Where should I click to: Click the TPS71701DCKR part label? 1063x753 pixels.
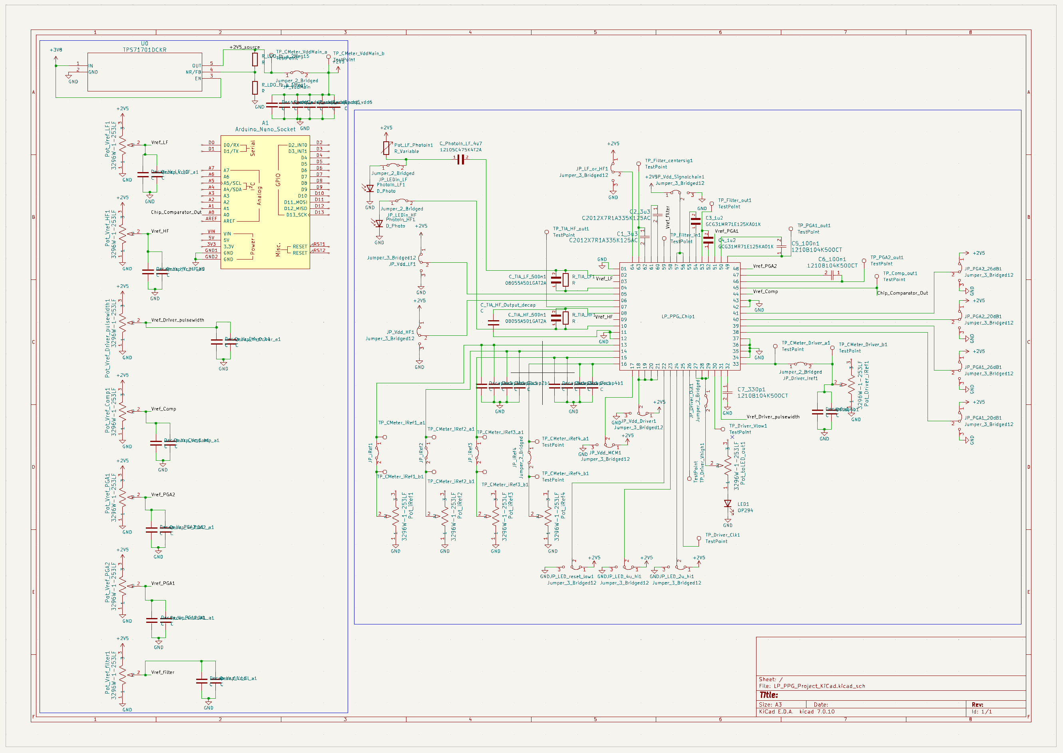pyautogui.click(x=144, y=50)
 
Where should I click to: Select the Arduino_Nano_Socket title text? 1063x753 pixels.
pyautogui.click(x=265, y=129)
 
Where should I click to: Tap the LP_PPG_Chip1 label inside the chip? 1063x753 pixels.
pyautogui.click(x=678, y=316)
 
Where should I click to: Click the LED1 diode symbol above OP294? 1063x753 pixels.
pyautogui.click(x=728, y=504)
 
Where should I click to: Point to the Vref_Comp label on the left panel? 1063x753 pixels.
pyautogui.click(x=163, y=409)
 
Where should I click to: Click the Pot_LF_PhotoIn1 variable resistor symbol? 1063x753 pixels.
pyautogui.click(x=386, y=147)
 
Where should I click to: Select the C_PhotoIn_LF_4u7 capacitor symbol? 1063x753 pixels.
pyautogui.click(x=460, y=159)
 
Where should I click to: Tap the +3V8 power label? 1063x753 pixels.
pyautogui.click(x=56, y=50)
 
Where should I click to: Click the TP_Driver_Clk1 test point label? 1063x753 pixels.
pyautogui.click(x=723, y=535)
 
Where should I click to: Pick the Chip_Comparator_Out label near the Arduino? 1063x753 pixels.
pyautogui.click(x=176, y=212)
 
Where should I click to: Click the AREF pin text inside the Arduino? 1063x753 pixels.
pyautogui.click(x=229, y=221)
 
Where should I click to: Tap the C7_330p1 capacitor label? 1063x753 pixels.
pyautogui.click(x=751, y=390)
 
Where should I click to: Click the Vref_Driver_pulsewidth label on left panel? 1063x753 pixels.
pyautogui.click(x=177, y=320)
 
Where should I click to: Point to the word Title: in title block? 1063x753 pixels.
pyautogui.click(x=768, y=695)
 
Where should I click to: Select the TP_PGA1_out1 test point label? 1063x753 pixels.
pyautogui.click(x=814, y=226)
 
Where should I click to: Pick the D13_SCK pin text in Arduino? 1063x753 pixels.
pyautogui.click(x=296, y=215)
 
